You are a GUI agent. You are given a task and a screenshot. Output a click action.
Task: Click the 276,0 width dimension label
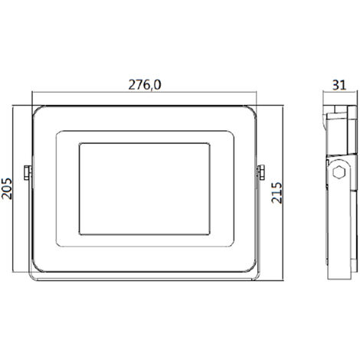(x=145, y=85)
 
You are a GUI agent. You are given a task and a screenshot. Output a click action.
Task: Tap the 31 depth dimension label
(x=339, y=85)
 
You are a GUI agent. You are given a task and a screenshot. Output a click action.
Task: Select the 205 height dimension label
(x=7, y=188)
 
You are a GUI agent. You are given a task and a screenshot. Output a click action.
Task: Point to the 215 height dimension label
(x=277, y=193)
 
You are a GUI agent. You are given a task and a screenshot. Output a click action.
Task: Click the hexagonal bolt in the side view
(x=339, y=172)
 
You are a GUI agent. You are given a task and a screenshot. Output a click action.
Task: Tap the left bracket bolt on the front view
(x=28, y=172)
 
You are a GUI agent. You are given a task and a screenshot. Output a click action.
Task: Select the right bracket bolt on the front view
(x=261, y=172)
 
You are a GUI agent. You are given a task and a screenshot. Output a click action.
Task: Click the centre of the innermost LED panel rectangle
(x=145, y=189)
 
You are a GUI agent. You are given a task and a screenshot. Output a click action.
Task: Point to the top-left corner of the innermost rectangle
(x=80, y=144)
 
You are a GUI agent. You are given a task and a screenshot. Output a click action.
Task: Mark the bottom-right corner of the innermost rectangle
(x=209, y=234)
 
